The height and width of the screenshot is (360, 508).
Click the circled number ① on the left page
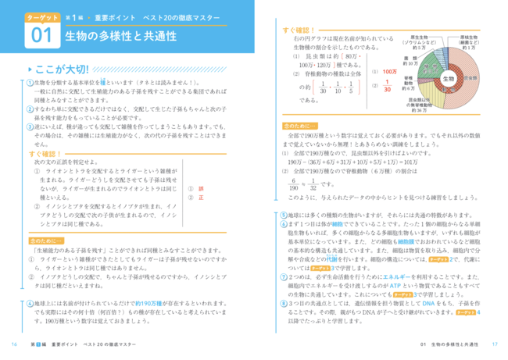pos(28,83)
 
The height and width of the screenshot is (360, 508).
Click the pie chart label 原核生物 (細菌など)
pos(468,41)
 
